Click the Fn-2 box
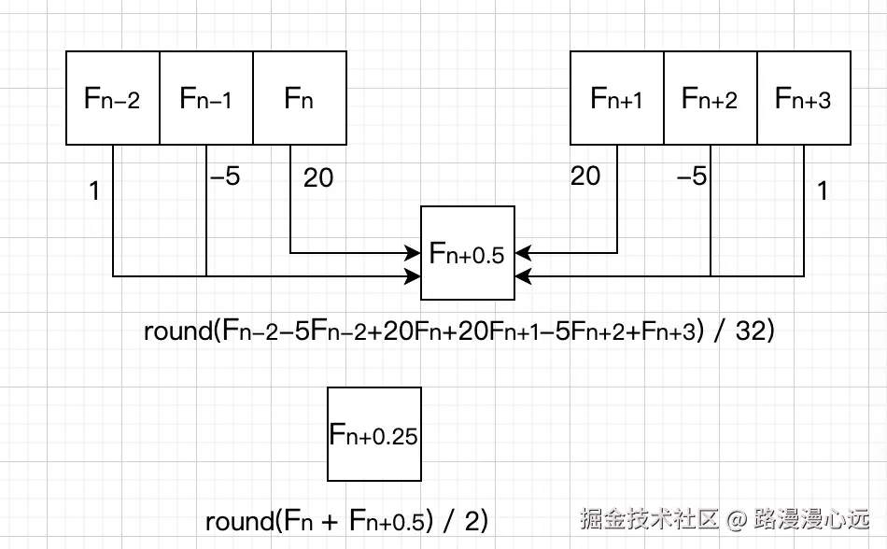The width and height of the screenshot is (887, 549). point(112,98)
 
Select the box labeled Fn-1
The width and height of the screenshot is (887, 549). point(206,98)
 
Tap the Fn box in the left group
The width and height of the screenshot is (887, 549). point(300,98)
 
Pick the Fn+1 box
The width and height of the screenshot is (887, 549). point(616,98)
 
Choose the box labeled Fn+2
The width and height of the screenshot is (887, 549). point(710,98)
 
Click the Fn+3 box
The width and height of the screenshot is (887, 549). point(803,98)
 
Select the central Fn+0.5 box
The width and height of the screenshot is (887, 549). point(468,253)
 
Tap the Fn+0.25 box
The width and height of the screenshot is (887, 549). point(373,434)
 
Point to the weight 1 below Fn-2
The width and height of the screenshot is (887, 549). point(93,191)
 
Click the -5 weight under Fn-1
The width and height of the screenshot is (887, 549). point(225,176)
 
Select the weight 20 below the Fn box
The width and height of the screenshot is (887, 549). point(318,177)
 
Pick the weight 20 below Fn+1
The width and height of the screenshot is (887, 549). point(585,176)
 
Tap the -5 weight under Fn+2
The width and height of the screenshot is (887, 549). point(692,176)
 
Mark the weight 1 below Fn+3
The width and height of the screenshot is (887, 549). point(822,191)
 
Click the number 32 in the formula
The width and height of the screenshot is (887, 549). point(750,331)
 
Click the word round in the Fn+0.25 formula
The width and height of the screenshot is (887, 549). point(239,521)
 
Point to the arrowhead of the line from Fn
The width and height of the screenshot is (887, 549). point(415,253)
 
